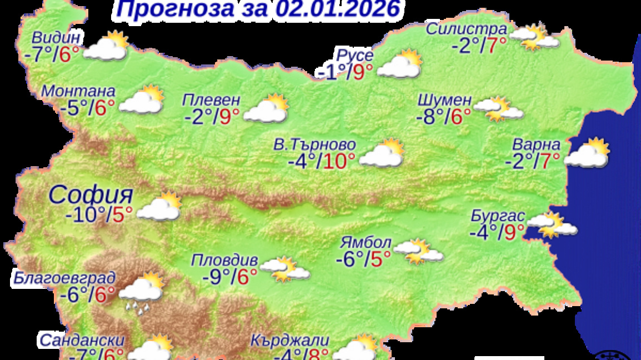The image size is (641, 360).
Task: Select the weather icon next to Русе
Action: tap(399, 64)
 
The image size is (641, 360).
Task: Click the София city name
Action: tap(91, 195)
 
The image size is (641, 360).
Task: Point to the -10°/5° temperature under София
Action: tap(99, 214)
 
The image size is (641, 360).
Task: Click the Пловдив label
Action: tap(224, 259)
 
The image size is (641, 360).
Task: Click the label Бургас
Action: tap(496, 215)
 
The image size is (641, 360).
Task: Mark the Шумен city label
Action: tap(444, 100)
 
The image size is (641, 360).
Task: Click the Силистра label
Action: tap(466, 29)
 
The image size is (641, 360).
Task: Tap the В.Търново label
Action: tap(314, 145)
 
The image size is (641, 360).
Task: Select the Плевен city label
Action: tap(212, 100)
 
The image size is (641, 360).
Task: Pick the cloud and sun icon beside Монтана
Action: tap(142, 100)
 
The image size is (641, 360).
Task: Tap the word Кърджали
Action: tap(289, 339)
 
